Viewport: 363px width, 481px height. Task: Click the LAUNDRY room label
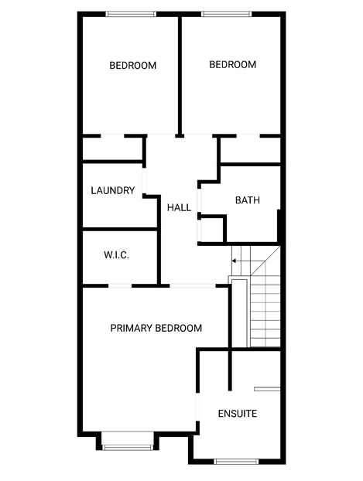pos(113,190)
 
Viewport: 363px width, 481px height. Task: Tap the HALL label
pos(179,208)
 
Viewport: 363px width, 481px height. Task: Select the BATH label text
pos(248,200)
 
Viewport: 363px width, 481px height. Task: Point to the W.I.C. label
pos(116,255)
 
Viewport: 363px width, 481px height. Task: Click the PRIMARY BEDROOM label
pos(156,328)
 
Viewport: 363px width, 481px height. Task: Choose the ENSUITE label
pos(238,414)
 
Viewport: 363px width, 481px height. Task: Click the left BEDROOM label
pos(133,65)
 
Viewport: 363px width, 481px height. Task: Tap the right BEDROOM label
pos(233,65)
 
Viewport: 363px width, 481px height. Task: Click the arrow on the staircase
pos(236,261)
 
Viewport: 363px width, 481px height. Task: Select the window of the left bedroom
pos(131,14)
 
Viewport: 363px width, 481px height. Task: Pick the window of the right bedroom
pos(226,14)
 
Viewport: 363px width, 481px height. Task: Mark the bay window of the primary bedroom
pos(128,447)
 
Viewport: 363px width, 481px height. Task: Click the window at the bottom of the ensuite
pos(236,461)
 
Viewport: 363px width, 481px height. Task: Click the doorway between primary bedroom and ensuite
pos(198,407)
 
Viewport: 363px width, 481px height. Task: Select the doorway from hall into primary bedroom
pos(193,286)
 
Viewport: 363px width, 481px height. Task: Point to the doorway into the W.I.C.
pos(120,286)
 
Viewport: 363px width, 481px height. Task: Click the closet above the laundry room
pos(112,148)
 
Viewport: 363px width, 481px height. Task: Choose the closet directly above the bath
pos(251,150)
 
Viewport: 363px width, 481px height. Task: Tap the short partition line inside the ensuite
pos(267,389)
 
